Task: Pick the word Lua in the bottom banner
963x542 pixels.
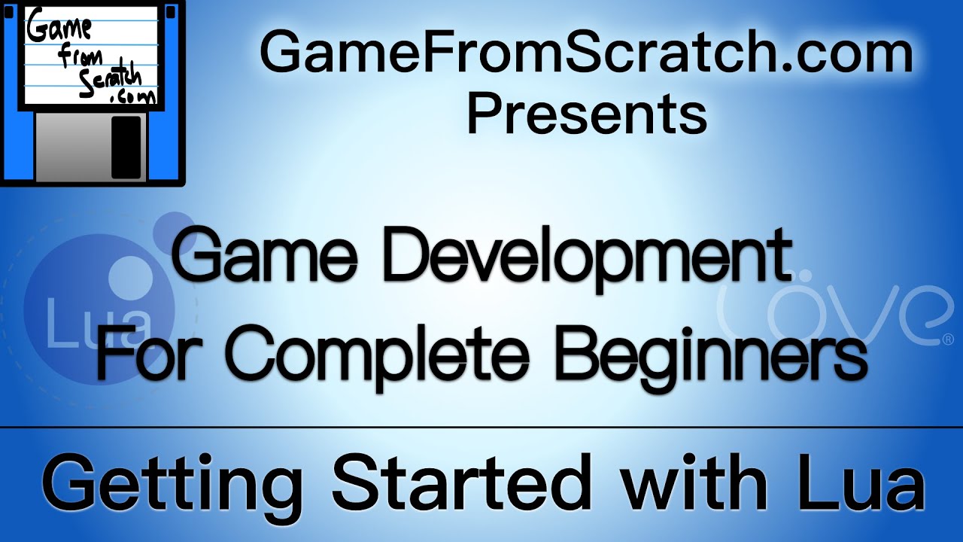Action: click(862, 483)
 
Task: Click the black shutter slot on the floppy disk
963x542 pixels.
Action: click(126, 147)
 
